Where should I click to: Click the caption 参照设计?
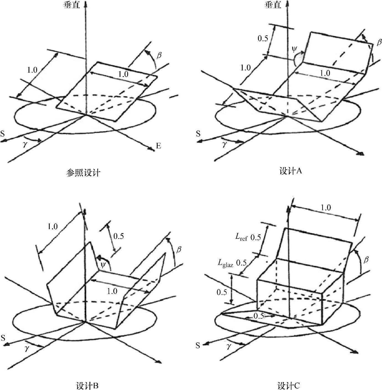coord(83,173)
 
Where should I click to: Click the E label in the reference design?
coord(158,146)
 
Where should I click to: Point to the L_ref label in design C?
coord(241,237)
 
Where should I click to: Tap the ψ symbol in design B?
coord(103,265)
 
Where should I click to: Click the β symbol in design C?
coord(366,260)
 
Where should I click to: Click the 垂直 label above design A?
coord(273,5)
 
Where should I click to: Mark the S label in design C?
coord(198,346)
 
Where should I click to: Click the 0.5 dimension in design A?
coord(263,38)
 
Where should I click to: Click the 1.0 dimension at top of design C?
coord(326,208)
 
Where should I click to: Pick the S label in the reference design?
coord(2,134)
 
